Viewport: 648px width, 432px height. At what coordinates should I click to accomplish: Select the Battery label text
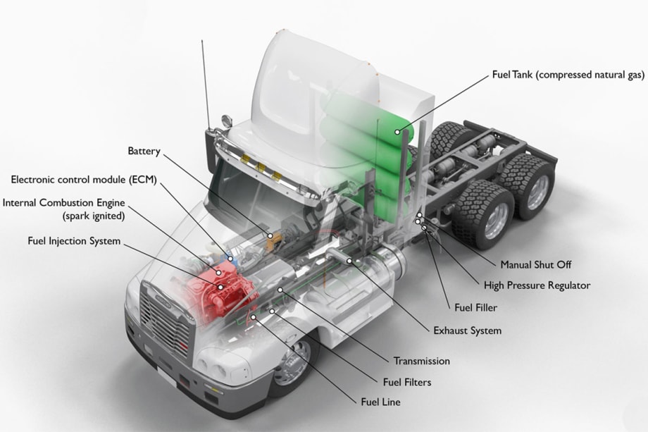pyautogui.click(x=144, y=151)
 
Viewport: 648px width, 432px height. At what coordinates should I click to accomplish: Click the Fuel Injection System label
pyautogui.click(x=74, y=241)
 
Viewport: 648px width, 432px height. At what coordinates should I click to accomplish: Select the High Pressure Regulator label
pyautogui.click(x=537, y=285)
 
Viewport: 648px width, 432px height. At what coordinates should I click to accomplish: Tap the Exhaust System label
pyautogui.click(x=468, y=330)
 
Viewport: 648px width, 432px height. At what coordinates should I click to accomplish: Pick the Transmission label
pyautogui.click(x=421, y=361)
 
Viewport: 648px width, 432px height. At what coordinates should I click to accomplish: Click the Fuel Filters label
pyautogui.click(x=406, y=383)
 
